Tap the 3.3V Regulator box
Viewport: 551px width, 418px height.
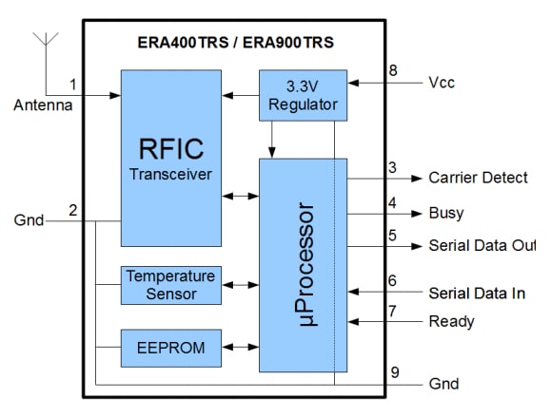(303, 94)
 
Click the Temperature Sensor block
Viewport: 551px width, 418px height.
(171, 285)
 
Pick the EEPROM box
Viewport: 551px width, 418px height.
(171, 348)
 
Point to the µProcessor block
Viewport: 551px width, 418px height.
(303, 265)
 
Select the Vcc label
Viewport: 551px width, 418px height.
(443, 83)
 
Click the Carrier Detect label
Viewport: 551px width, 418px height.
(478, 178)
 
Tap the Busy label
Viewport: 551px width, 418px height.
(446, 214)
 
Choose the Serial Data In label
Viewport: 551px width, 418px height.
(477, 293)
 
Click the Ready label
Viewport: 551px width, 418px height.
(452, 321)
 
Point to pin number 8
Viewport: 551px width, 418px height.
(392, 69)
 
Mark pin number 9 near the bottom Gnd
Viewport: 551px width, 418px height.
(392, 370)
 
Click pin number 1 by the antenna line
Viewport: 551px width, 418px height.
(72, 85)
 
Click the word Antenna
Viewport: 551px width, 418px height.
(42, 104)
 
